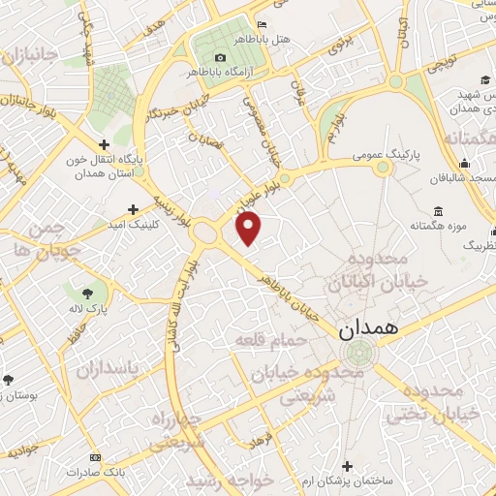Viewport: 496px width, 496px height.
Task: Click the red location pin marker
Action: coord(249,228)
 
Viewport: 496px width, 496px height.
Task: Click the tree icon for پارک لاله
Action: coord(88,292)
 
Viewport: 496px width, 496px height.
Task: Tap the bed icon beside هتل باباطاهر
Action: coord(263,24)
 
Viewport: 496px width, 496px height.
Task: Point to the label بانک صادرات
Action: coord(95,472)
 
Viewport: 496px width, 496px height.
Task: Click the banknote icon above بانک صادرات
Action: coord(95,456)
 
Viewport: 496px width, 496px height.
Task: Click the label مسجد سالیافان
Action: coord(459,178)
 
